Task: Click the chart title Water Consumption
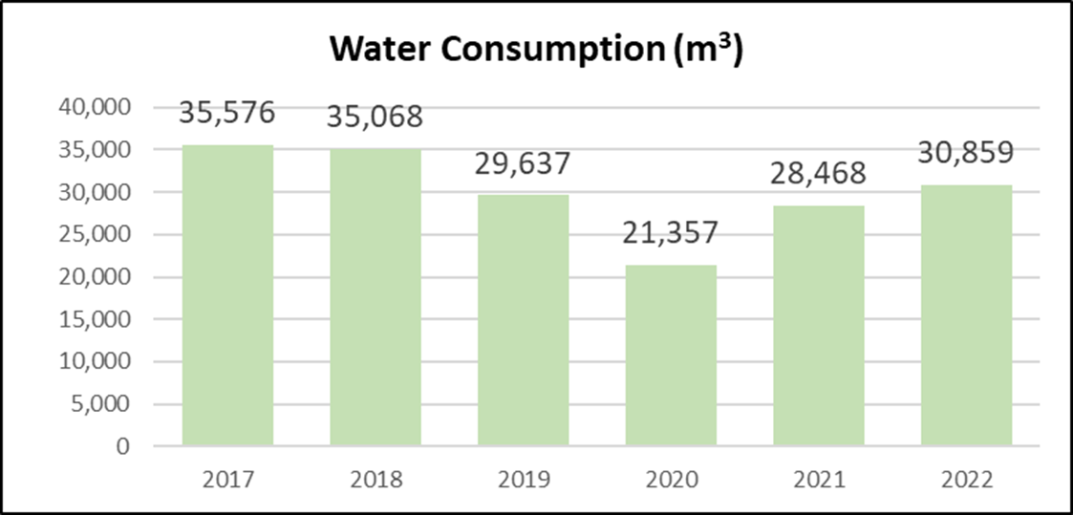pos(536,50)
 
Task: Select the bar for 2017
pos(227,295)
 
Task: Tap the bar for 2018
pos(376,297)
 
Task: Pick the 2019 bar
pos(523,320)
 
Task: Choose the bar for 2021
pos(819,325)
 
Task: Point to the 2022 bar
pos(966,315)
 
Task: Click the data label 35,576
pos(227,112)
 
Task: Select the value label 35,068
pos(376,117)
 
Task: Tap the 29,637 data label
pos(523,162)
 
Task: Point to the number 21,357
pos(671,232)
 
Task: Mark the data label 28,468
pos(819,173)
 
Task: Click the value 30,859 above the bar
pos(966,152)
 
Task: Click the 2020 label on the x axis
pos(671,480)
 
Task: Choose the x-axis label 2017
pos(227,480)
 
